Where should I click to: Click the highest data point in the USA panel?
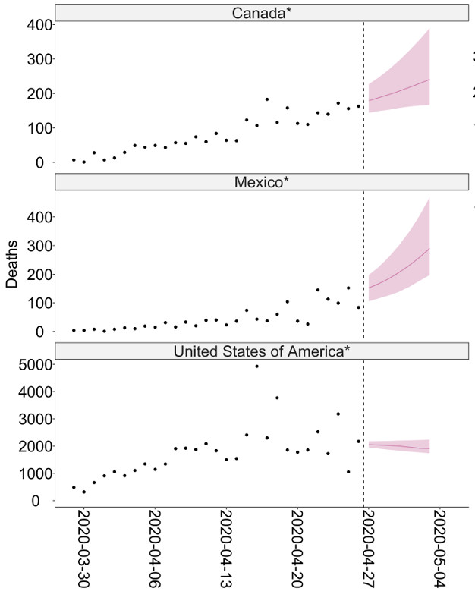coord(256,366)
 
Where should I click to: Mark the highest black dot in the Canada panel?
coord(267,99)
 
